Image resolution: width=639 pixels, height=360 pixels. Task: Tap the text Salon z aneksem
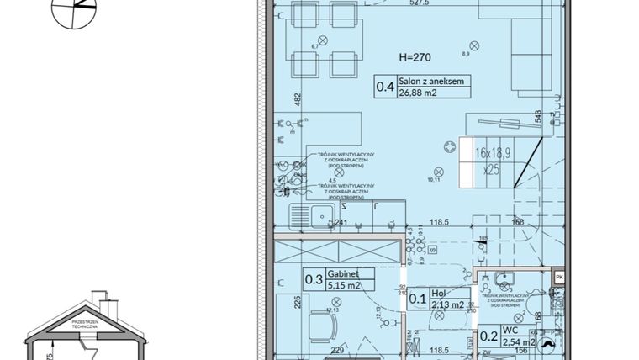(431, 82)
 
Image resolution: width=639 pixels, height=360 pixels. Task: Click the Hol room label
(439, 293)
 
